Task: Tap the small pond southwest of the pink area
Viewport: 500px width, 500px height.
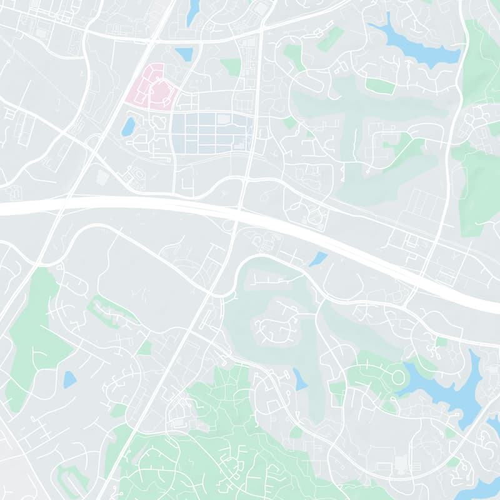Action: pyautogui.click(x=128, y=127)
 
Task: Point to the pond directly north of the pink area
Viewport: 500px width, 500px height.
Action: pyautogui.click(x=184, y=54)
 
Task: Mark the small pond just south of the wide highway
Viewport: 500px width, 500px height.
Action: pyautogui.click(x=318, y=258)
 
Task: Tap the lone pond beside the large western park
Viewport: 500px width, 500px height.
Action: pyautogui.click(x=69, y=379)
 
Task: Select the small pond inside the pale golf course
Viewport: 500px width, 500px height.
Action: pyautogui.click(x=300, y=378)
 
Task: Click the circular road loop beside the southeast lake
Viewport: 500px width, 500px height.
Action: pyautogui.click(x=397, y=376)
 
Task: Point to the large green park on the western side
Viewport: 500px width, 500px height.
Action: pyautogui.click(x=37, y=337)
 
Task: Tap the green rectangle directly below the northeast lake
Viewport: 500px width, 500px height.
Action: pyautogui.click(x=380, y=86)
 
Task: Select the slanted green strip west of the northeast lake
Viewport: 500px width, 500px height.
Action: pyautogui.click(x=330, y=39)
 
